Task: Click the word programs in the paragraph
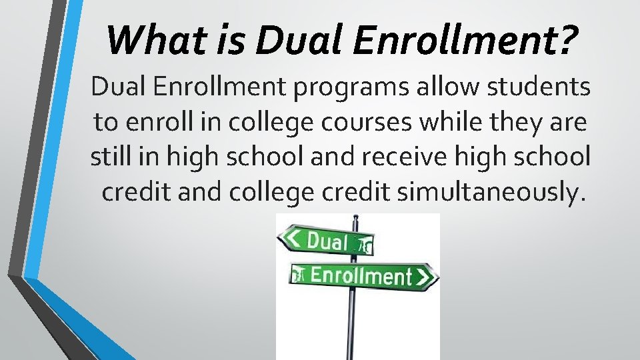[x=321, y=87]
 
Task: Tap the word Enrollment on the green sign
[x=361, y=275]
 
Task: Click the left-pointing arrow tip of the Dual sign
[x=283, y=237]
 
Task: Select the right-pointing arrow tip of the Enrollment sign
[x=433, y=277]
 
